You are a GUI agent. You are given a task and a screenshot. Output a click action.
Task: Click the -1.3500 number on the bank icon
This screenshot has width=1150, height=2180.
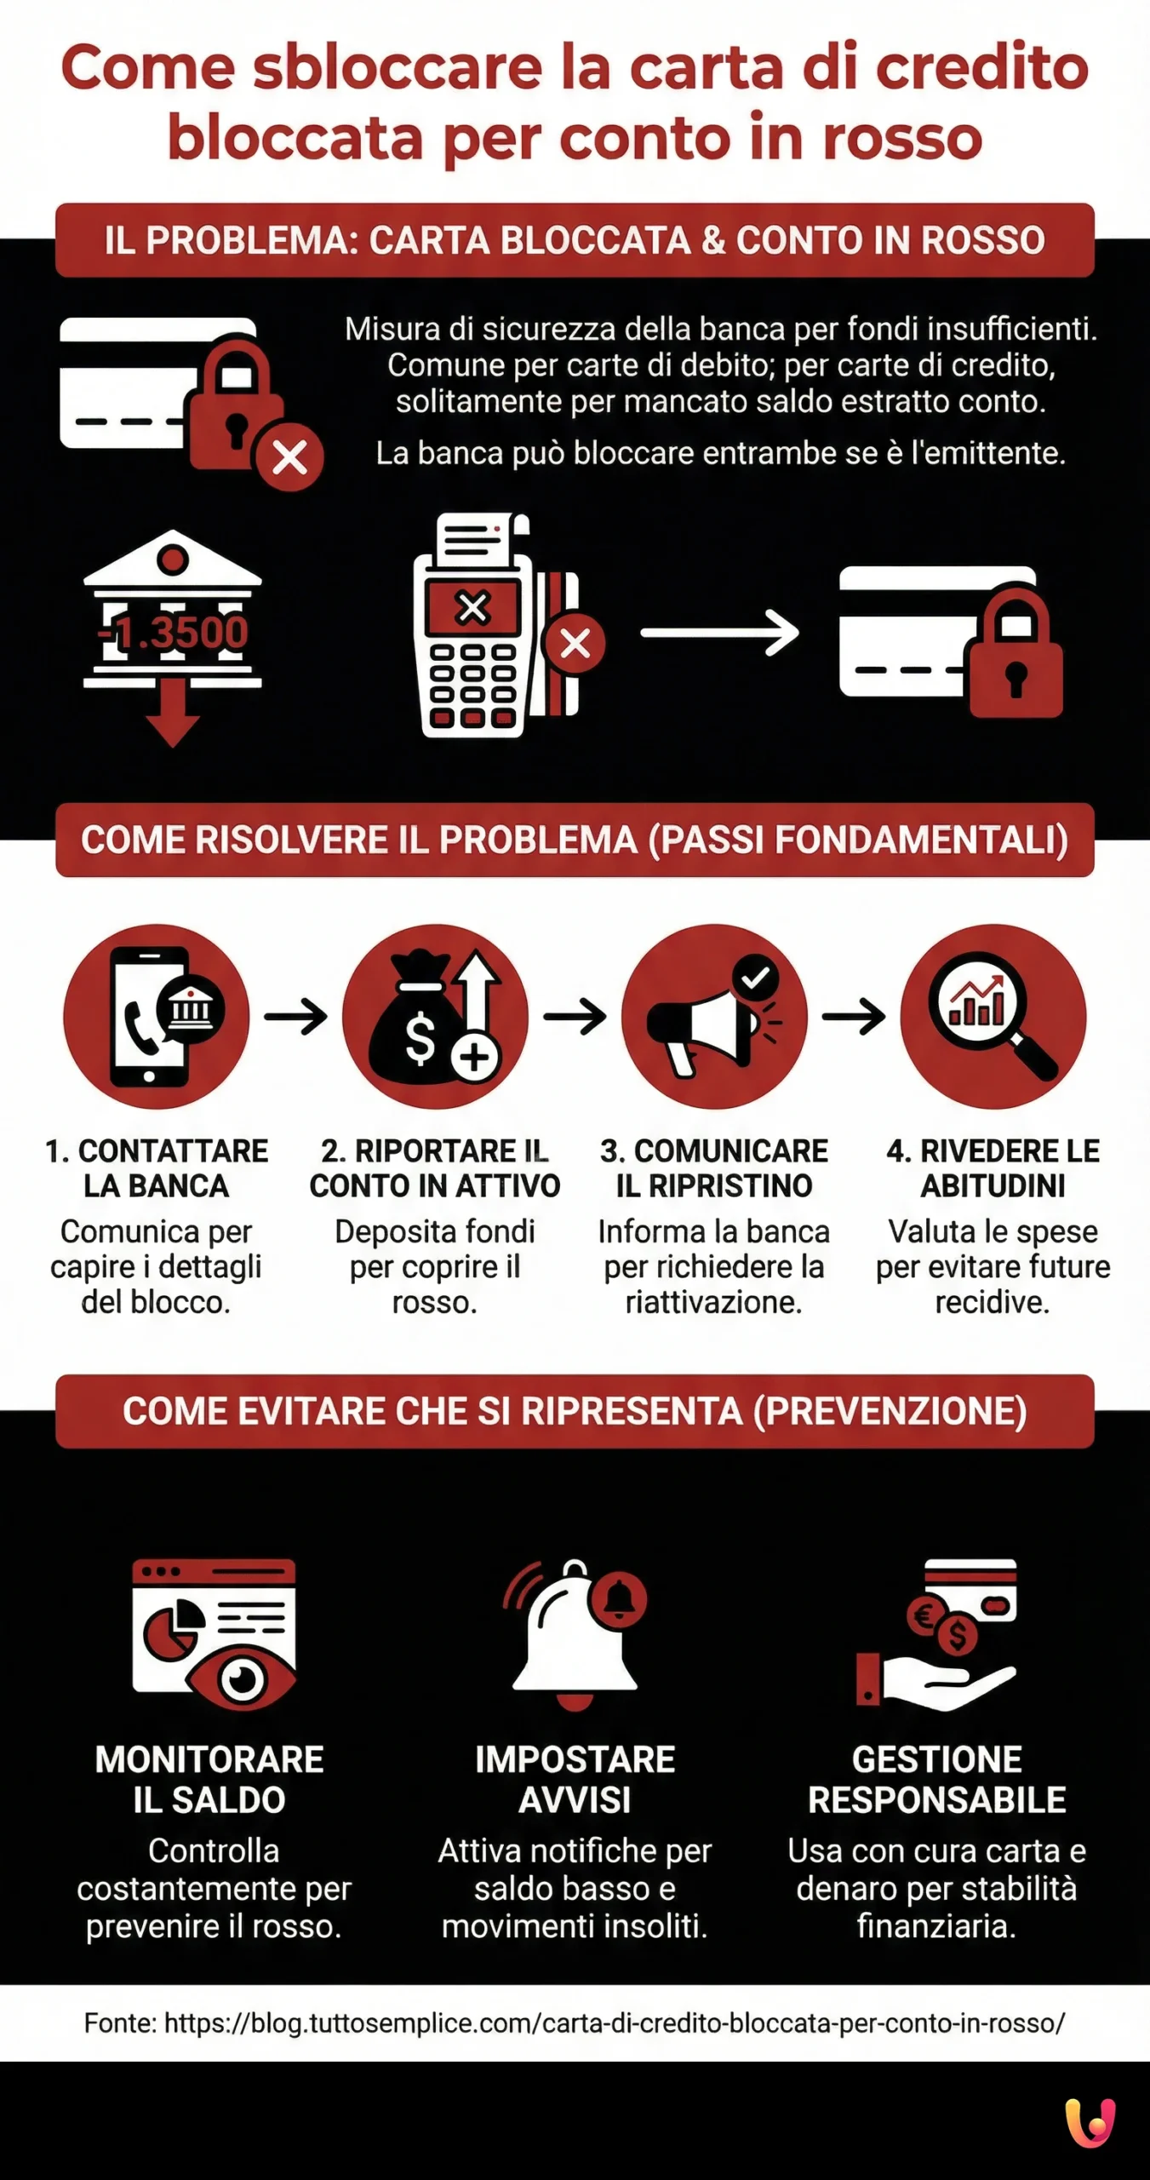[173, 632]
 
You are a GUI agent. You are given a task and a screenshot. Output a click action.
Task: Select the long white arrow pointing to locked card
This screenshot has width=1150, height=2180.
[719, 633]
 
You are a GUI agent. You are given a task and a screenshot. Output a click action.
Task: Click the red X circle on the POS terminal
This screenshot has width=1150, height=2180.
[575, 643]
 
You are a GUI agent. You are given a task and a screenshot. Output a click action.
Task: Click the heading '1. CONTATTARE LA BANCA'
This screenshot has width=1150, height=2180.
[157, 1167]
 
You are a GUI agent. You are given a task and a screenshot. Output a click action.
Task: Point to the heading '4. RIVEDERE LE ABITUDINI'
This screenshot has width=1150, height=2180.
[993, 1167]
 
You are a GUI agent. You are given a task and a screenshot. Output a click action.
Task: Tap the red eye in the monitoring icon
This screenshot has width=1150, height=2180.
[243, 1679]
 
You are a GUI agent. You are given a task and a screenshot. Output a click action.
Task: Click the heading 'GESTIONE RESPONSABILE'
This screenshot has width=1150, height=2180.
[936, 1780]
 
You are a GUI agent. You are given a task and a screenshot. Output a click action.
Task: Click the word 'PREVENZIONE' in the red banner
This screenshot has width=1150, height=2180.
[889, 1411]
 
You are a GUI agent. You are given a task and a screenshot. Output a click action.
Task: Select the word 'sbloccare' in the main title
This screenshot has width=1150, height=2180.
[398, 68]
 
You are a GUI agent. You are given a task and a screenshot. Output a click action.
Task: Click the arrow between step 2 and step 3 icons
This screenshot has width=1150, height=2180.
[575, 1016]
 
